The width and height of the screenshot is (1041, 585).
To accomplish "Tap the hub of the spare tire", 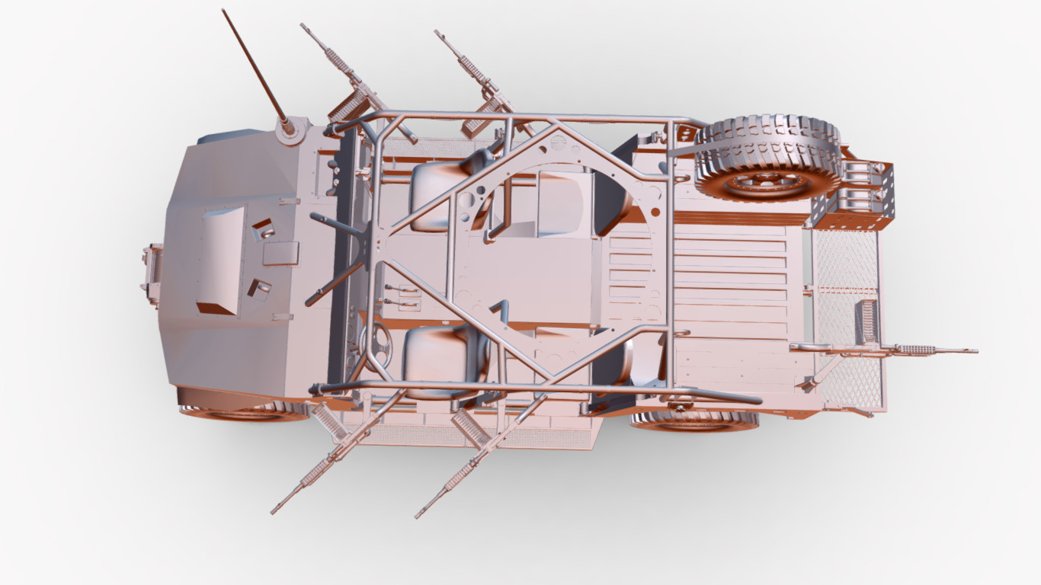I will pyautogui.click(x=767, y=183).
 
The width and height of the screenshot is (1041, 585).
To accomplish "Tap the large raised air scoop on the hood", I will pyautogui.click(x=221, y=259).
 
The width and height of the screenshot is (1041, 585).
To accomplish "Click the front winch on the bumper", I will pyautogui.click(x=152, y=270).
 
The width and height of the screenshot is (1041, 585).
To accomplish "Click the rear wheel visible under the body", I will pyautogui.click(x=693, y=420).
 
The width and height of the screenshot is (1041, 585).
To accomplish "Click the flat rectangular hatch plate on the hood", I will pyautogui.click(x=280, y=253).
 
